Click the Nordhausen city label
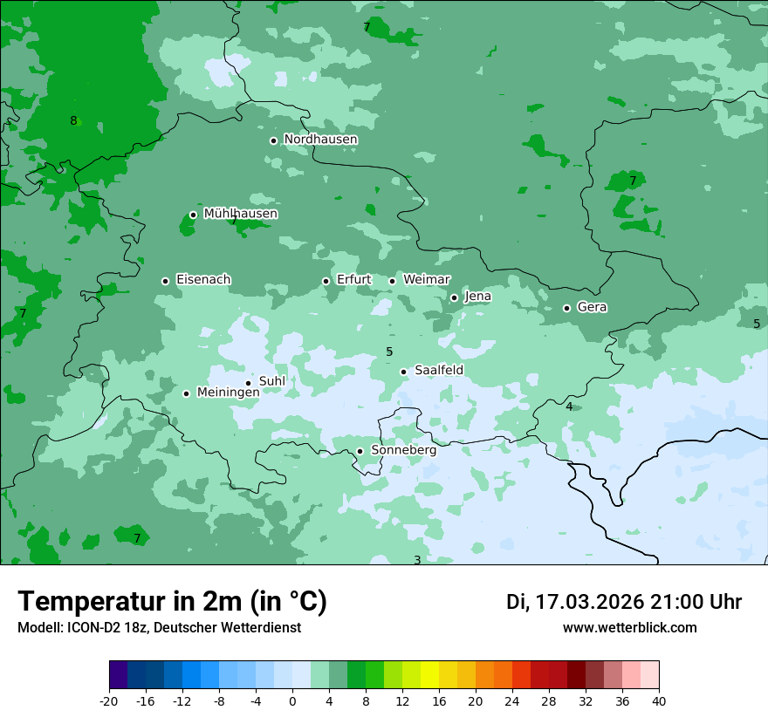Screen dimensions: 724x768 coord(320,140)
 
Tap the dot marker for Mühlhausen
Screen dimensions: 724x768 coord(193,215)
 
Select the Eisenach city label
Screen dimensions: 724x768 coord(203,280)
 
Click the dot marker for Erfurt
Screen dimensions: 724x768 coord(326,281)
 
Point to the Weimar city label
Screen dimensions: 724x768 coord(426,280)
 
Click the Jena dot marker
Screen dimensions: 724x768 coord(454,297)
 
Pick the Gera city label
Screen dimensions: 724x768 coord(592,307)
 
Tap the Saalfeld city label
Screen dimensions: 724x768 coord(438,371)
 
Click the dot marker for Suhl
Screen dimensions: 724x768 coord(248,383)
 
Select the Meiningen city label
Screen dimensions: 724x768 coord(228,393)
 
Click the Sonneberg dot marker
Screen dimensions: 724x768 coord(360,451)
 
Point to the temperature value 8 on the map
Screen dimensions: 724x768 coord(73,121)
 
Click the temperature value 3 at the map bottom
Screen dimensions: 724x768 coord(417,560)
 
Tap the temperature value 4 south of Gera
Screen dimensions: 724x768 coord(569,406)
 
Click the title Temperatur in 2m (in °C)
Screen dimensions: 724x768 coord(172,602)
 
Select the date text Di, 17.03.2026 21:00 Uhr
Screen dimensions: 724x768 coord(624,602)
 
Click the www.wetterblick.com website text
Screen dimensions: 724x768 coord(629,628)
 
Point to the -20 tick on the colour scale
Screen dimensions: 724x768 coord(109,700)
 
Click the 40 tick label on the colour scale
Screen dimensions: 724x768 coord(659,700)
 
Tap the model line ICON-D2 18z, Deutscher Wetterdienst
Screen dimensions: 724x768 coord(159,628)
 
